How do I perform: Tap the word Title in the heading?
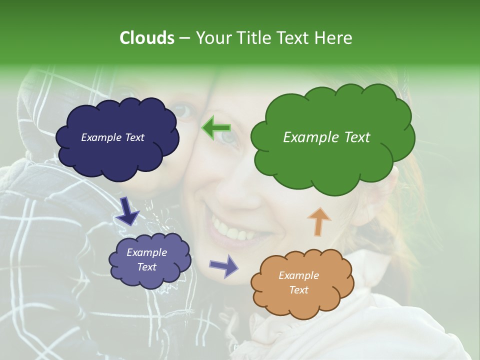[253, 38]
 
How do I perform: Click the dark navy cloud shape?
[117, 150]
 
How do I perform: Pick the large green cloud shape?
[332, 160]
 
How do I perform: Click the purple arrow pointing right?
[223, 265]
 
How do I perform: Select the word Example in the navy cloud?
[99, 137]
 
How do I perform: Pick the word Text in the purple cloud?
[146, 267]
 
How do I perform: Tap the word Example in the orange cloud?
[298, 275]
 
